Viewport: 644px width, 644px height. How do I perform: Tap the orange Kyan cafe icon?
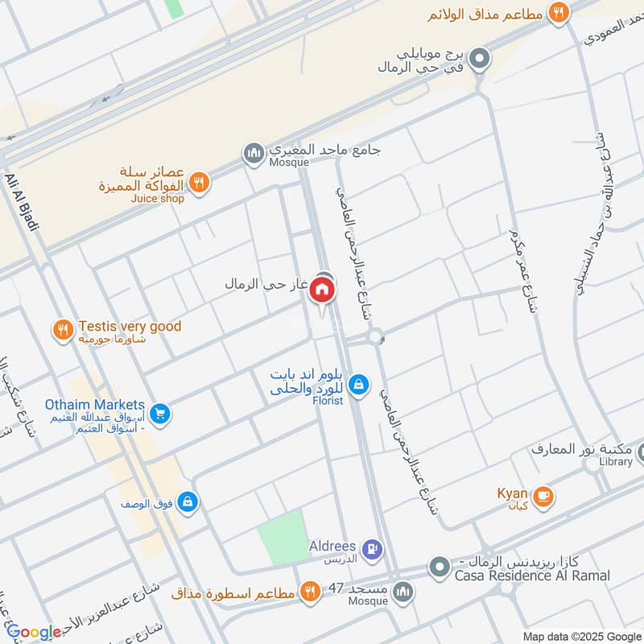tap(543, 494)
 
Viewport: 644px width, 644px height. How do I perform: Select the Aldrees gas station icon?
tap(371, 549)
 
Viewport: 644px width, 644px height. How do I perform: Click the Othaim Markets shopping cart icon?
tap(160, 414)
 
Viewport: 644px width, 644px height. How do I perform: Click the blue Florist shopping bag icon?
tap(359, 386)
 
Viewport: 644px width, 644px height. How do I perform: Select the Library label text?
tap(615, 462)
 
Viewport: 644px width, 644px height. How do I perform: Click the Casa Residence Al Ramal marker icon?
tap(439, 568)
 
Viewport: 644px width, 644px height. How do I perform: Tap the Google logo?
tap(33, 633)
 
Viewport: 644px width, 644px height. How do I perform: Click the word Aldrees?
tap(332, 546)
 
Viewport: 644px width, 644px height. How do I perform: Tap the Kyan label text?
tap(512, 493)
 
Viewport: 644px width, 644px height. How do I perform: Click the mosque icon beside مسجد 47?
tap(403, 592)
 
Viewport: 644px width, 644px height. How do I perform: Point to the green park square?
tap(283, 535)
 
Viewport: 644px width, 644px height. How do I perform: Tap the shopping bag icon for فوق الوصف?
tap(188, 502)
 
